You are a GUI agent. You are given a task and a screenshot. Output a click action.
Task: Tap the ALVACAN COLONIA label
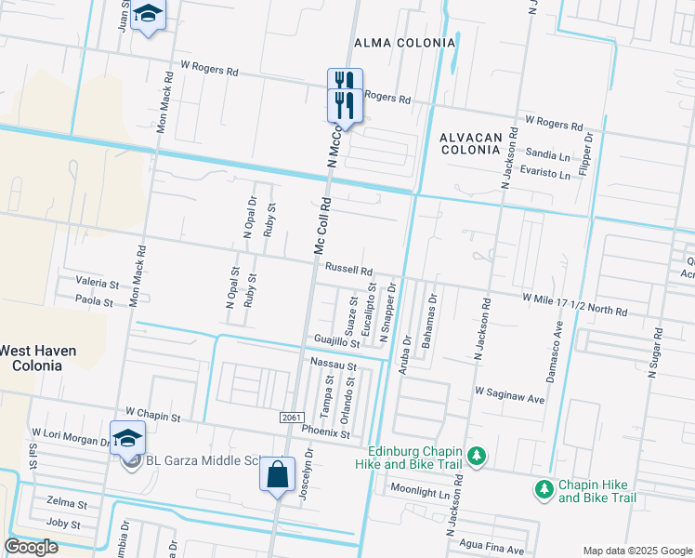(471, 143)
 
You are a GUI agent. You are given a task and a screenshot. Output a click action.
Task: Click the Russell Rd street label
(348, 269)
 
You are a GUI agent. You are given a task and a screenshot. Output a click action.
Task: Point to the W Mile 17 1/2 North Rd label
(575, 304)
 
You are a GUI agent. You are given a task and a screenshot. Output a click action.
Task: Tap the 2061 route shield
(291, 418)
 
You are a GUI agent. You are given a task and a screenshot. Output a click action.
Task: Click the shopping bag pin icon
(278, 475)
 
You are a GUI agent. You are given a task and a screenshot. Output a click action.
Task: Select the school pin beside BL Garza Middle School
(127, 437)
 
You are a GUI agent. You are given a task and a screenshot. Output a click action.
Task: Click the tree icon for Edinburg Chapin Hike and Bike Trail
(476, 456)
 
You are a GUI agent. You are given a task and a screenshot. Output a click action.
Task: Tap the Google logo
(32, 547)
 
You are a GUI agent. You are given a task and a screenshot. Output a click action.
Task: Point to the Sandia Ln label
(547, 154)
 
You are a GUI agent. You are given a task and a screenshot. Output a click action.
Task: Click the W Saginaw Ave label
(509, 397)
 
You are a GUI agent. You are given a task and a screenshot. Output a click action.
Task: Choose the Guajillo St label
(336, 341)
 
